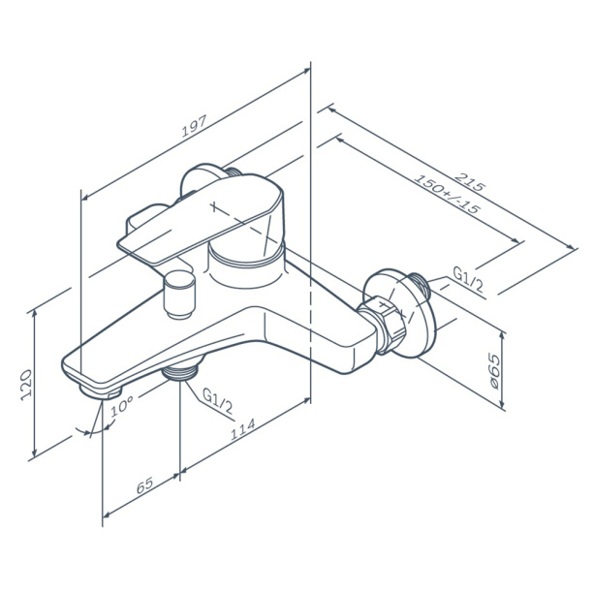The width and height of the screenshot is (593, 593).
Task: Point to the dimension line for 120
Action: coord(37,382)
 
